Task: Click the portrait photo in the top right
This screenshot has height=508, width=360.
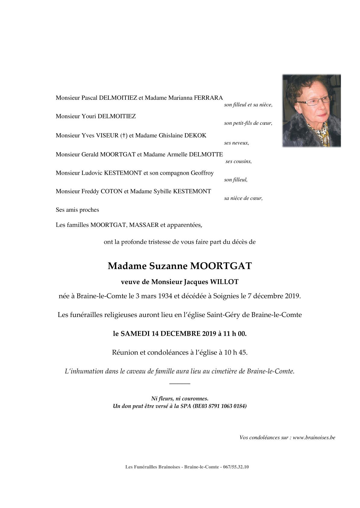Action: (311, 111)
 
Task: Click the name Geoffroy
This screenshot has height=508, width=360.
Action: (202, 173)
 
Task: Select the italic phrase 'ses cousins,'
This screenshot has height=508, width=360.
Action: (238, 161)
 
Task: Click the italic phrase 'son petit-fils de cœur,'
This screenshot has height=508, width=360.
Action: (248, 123)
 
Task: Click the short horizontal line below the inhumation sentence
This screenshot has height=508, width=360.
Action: (180, 384)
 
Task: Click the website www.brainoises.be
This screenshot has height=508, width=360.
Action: (314, 437)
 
